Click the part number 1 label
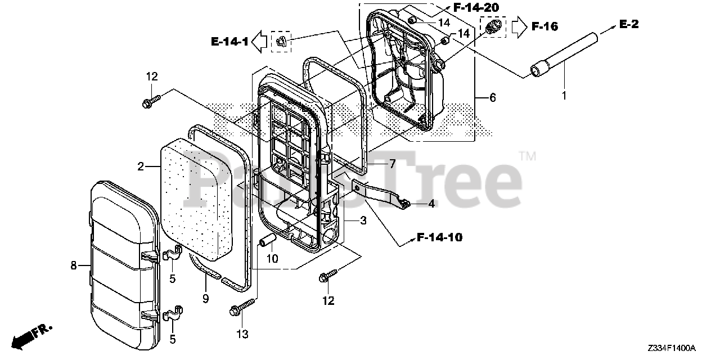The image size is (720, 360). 564,96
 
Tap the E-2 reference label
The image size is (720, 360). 629,24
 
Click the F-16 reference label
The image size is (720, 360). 544,26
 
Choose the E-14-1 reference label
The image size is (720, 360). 229,41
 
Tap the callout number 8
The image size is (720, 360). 74,265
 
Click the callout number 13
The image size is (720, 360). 242,335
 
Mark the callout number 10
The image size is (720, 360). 272,259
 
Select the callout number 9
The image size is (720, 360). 205,299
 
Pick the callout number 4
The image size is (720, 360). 431,204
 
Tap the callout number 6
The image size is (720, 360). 492,98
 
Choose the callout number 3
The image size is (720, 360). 363,221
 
